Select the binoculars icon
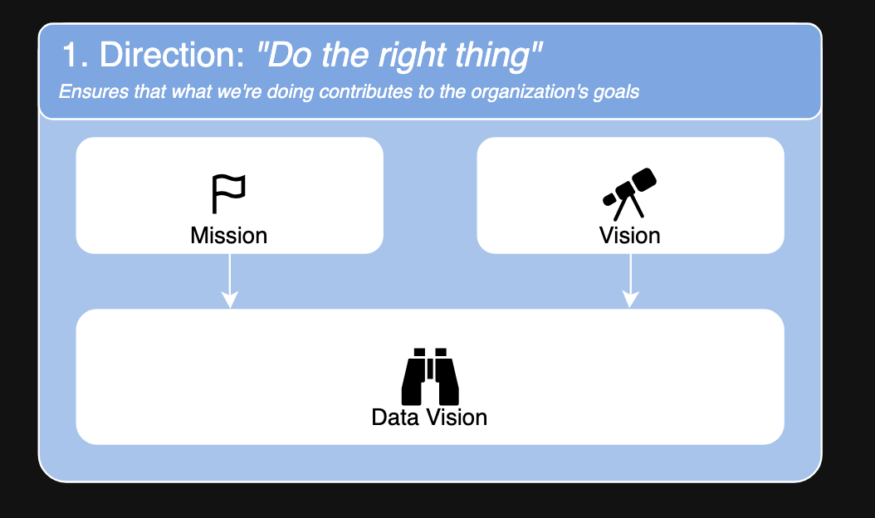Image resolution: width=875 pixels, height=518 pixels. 430,377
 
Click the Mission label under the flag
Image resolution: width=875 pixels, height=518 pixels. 229,236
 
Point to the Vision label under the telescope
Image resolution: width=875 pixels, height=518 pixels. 630,236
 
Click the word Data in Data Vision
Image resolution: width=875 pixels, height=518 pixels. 395,418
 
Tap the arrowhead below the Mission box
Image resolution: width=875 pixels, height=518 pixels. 230,299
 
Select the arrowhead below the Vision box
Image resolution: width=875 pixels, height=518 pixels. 631,299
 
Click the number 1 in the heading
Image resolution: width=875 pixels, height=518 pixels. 72,56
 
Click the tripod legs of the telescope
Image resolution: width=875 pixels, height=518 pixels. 629,207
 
